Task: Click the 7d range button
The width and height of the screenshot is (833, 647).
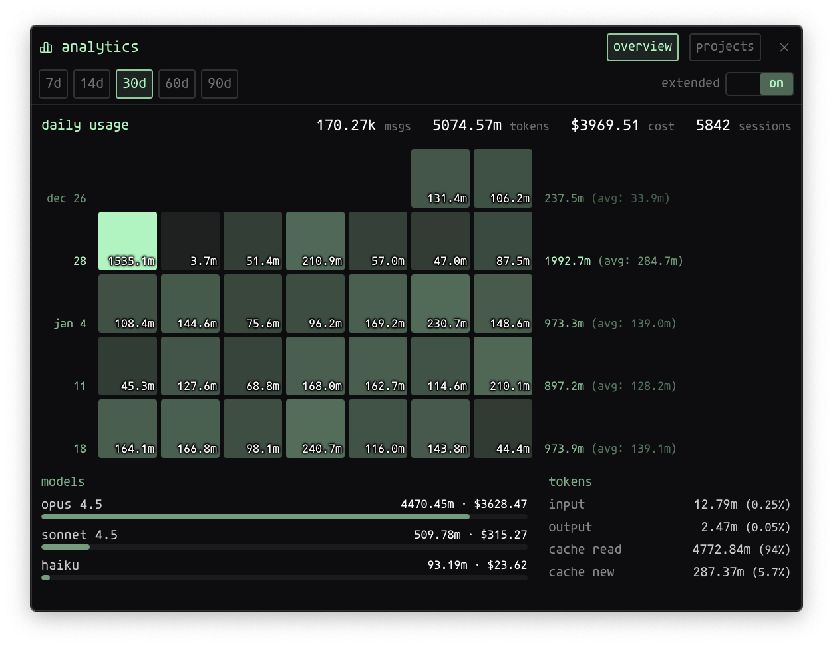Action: [x=53, y=83]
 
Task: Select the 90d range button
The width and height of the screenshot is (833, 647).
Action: [x=220, y=83]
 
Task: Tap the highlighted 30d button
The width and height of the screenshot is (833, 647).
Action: [x=134, y=83]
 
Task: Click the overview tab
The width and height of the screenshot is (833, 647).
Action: [x=643, y=47]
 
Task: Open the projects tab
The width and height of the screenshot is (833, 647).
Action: [x=725, y=47]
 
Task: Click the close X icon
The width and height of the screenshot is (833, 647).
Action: [x=784, y=47]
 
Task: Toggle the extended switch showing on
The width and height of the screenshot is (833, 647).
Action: [x=760, y=84]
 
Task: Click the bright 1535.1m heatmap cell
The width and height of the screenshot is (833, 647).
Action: [x=128, y=241]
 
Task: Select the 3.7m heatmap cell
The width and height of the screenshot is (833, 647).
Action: [x=190, y=241]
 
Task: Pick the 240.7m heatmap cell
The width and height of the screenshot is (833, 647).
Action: [x=315, y=429]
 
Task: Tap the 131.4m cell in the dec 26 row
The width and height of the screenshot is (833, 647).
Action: [x=440, y=178]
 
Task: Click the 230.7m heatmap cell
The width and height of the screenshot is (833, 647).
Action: [x=440, y=304]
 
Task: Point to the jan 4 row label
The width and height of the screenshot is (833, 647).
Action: [x=70, y=323]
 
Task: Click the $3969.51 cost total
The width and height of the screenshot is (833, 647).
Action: [x=605, y=126]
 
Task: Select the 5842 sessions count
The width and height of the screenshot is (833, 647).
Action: [x=713, y=126]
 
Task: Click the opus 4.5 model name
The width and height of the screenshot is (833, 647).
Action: [x=72, y=504]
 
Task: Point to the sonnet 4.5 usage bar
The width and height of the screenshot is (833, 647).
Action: [x=65, y=547]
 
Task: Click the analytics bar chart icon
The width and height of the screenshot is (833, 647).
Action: [x=46, y=47]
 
